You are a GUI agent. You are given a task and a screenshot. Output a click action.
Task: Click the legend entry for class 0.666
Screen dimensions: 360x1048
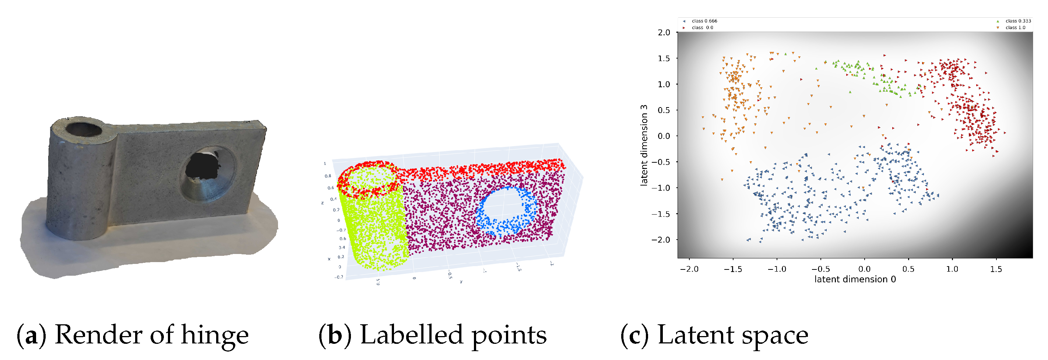coord(704,21)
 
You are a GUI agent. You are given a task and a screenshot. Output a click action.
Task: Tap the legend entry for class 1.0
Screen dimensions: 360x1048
coord(1015,28)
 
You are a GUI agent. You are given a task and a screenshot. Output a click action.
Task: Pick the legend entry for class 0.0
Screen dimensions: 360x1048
coord(702,28)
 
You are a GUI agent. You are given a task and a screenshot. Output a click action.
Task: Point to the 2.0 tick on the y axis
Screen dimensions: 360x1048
coord(664,32)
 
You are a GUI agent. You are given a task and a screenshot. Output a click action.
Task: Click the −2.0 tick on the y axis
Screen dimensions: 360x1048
coord(661,240)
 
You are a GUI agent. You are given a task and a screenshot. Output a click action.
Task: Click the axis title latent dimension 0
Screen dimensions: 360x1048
coord(855,279)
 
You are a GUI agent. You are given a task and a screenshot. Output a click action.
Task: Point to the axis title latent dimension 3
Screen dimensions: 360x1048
coord(644,145)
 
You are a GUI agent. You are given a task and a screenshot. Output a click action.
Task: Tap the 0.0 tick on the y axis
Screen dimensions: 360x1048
coord(664,136)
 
